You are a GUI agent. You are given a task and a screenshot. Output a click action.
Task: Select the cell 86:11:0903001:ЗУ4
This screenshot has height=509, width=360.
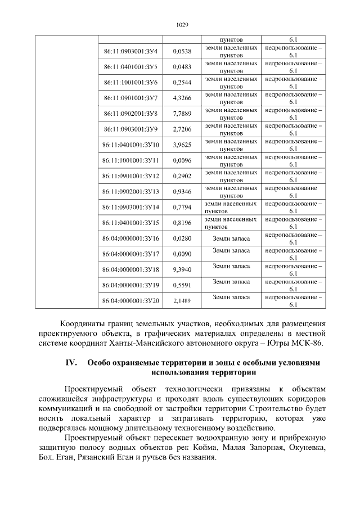pyautogui.click(x=131, y=52)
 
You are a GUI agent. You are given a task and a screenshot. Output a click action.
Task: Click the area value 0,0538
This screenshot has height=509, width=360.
pyautogui.click(x=182, y=52)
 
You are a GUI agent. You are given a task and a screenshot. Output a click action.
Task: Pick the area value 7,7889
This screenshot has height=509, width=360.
pyautogui.click(x=182, y=114)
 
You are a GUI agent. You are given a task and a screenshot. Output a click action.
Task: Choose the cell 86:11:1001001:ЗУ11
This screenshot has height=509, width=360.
pyautogui.click(x=131, y=160)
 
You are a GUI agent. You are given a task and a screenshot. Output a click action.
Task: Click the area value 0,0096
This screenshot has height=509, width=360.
pyautogui.click(x=182, y=160)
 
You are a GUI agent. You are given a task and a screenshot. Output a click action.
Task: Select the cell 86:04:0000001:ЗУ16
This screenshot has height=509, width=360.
pyautogui.click(x=131, y=238)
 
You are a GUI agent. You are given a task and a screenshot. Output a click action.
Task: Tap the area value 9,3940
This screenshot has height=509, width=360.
pyautogui.click(x=182, y=269)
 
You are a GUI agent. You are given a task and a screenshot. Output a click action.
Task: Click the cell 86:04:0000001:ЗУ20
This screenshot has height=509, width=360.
pyautogui.click(x=131, y=301)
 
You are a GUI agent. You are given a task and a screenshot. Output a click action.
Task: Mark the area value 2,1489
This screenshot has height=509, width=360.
pyautogui.click(x=182, y=301)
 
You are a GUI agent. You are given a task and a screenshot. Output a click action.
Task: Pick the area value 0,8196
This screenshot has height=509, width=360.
pyautogui.click(x=182, y=223)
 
